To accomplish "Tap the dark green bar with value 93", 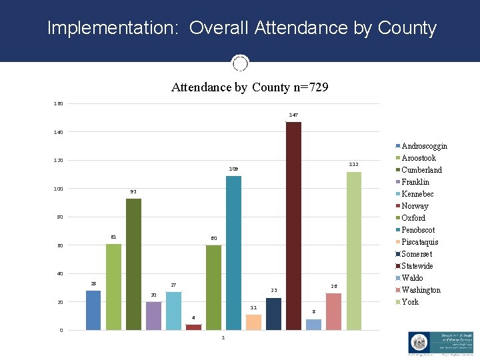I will pos(133,263).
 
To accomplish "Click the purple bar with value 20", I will pos(153,315).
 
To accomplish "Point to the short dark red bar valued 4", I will pos(193,327).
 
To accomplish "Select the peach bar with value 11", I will pos(253,322).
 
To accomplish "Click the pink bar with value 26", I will pos(333,311).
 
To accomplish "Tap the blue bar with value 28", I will pos(93,310).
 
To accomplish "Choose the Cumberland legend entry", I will pos(421,170).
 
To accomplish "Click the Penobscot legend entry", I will pos(418,230).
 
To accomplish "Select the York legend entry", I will pos(410,302).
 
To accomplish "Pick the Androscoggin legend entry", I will pos(424,146).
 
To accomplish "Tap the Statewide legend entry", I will pos(417,266).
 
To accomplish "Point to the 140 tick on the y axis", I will pos(59,133).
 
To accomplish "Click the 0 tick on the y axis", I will pos(61,330).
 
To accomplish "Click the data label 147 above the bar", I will pos(293,115).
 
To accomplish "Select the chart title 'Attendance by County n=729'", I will pos(249,87).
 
